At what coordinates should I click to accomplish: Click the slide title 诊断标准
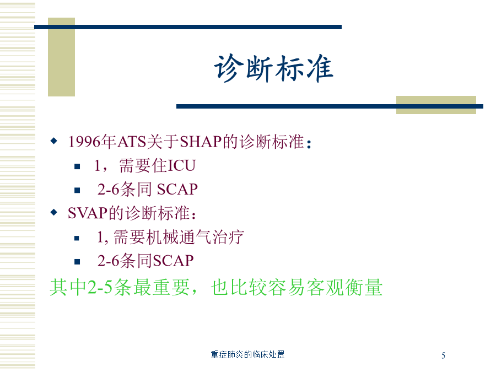273,68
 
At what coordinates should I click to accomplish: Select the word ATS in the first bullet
132,142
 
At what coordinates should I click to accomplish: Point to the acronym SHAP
201,142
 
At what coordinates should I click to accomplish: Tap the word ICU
181,166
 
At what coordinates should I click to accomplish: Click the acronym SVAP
88,213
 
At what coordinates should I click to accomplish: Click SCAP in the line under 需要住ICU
177,190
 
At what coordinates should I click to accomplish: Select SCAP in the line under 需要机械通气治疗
173,261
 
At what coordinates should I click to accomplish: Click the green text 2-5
100,287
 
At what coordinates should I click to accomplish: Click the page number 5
444,355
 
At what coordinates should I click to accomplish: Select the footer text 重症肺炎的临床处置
247,354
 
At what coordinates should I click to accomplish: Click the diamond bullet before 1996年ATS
54,141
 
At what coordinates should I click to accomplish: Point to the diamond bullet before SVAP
54,212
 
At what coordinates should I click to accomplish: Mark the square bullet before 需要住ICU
77,166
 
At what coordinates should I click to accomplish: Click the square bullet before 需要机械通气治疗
77,238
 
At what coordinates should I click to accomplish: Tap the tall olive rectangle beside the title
61,57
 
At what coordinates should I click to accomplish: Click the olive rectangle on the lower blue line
436,105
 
